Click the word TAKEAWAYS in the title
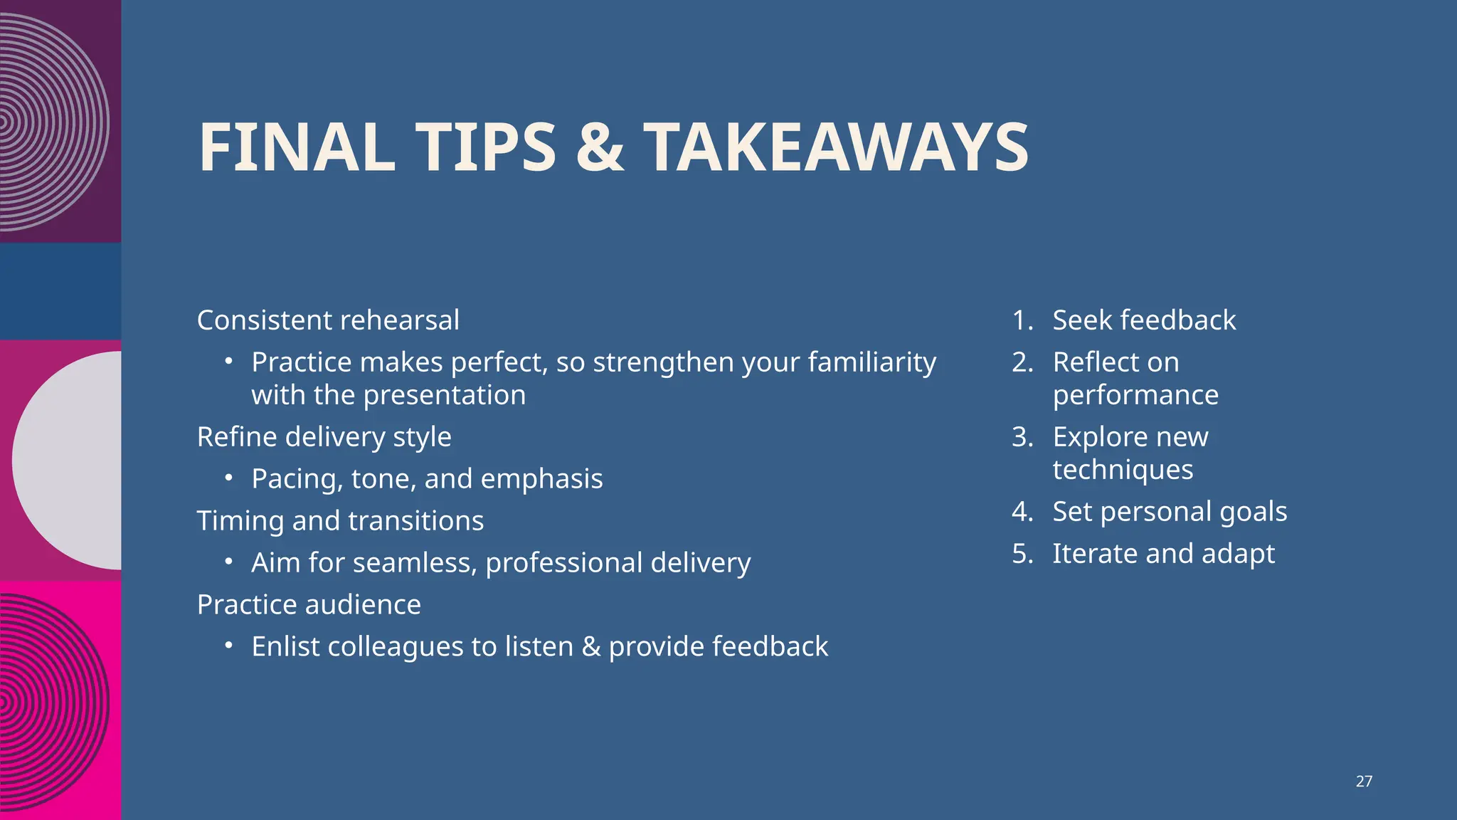point(836,147)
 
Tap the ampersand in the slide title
point(600,147)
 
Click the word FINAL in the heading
point(297,147)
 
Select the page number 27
point(1364,782)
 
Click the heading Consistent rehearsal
point(328,320)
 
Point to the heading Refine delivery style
point(324,437)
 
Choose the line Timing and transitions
point(340,521)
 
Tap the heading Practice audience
point(309,605)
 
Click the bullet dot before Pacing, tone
point(228,478)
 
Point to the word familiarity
point(871,362)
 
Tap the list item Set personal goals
point(1170,512)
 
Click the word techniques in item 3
point(1123,470)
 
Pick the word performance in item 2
point(1135,395)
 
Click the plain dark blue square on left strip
point(60,291)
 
